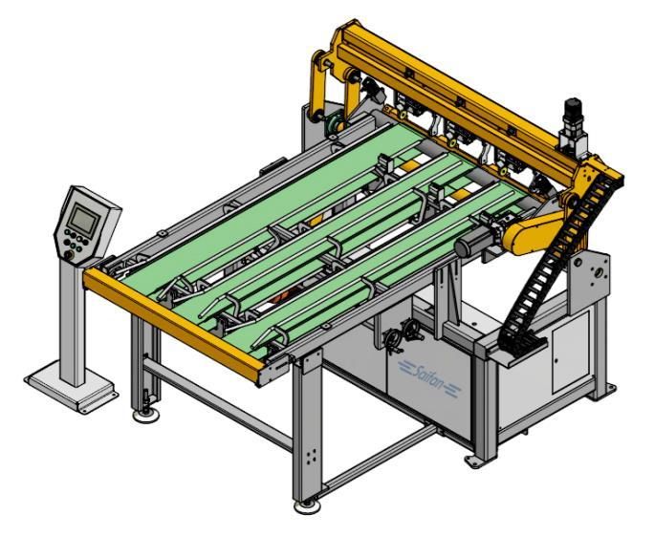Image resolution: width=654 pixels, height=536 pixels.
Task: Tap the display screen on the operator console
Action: click(84, 219)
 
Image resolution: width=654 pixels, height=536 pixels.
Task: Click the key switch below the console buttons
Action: click(67, 254)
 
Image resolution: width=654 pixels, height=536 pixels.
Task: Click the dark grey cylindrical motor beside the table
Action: click(473, 244)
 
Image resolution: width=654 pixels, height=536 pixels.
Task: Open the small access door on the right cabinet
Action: click(570, 354)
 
